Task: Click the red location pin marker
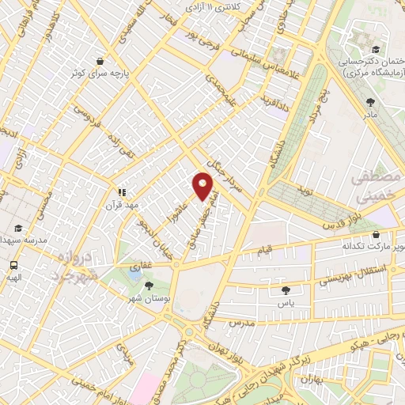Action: [202, 186]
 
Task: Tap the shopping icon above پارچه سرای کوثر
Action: [100, 61]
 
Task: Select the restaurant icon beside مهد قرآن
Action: [122, 191]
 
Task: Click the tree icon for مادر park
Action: [370, 101]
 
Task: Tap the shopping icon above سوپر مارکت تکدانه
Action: [376, 234]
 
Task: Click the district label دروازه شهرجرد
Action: [78, 265]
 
